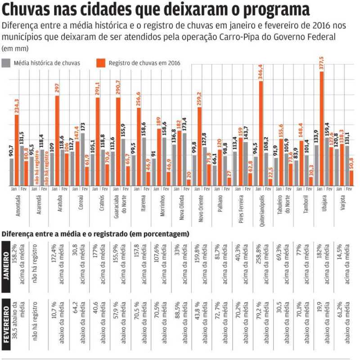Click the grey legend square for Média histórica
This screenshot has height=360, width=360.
6,63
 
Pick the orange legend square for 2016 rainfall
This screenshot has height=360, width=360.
101,63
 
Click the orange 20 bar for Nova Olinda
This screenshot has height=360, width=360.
189,183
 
